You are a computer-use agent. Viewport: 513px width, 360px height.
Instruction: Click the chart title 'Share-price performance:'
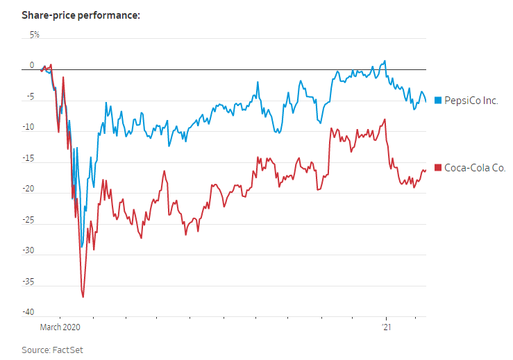point(81,15)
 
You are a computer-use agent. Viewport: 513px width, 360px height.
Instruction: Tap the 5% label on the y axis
point(34,35)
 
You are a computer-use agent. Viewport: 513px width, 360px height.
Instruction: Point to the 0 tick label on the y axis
point(32,65)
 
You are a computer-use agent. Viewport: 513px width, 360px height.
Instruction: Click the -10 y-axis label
point(28,127)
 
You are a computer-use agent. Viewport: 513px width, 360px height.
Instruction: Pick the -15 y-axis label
point(28,159)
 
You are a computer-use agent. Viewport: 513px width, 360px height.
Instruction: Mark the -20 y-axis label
point(28,189)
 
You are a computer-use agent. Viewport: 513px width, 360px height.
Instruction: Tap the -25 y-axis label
point(28,220)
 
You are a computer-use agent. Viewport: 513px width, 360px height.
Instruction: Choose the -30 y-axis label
point(28,250)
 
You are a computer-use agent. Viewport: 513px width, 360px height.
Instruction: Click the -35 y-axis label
point(28,282)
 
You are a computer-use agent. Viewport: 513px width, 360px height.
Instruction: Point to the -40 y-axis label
point(28,312)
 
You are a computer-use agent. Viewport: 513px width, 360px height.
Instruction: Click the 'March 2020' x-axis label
point(60,327)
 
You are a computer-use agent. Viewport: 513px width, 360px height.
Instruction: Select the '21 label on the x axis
point(387,327)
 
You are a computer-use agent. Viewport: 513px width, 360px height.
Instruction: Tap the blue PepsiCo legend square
point(438,101)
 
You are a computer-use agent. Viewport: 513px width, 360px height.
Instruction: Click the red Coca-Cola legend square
point(438,168)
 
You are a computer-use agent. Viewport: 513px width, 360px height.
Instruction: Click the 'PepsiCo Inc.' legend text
point(471,101)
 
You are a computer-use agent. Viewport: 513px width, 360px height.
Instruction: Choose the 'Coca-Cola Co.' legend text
point(475,168)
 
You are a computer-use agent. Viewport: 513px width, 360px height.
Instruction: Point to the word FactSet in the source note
point(67,350)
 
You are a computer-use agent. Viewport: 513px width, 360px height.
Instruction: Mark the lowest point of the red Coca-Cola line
point(83,297)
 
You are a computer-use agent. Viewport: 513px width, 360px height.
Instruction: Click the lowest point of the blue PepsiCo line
point(82,247)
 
